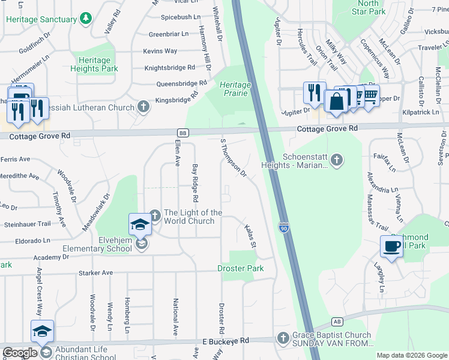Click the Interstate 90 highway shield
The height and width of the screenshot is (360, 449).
tap(283, 228)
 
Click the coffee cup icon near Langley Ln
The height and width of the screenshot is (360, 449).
tap(391, 247)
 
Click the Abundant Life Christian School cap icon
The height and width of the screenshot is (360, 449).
tap(43, 332)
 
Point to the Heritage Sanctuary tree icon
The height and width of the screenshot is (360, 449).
tap(86, 19)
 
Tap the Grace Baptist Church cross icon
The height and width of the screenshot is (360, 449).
tap(283, 338)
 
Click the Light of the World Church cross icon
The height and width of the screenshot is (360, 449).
tap(155, 214)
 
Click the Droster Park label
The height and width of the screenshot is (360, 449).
tap(240, 268)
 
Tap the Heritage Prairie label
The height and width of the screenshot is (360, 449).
tap(235, 89)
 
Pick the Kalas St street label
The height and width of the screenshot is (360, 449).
tap(251, 237)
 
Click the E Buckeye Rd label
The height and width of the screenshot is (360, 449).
tap(225, 340)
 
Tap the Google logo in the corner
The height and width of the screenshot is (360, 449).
tap(20, 353)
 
